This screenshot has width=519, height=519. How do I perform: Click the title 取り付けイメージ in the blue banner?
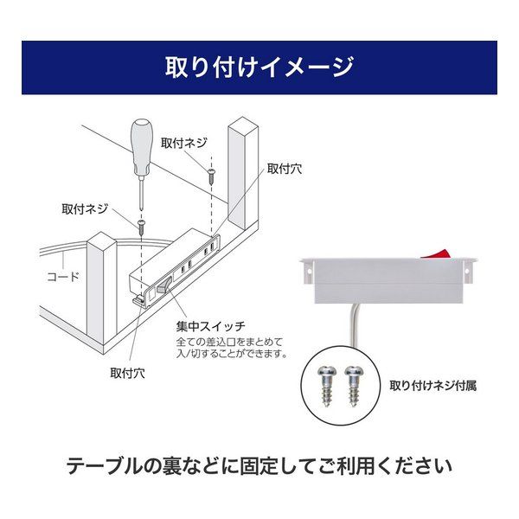(259, 67)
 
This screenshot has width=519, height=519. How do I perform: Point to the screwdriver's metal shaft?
(142, 193)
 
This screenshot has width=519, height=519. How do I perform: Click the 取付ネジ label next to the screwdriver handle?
(184, 143)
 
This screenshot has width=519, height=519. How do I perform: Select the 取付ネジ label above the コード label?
(85, 208)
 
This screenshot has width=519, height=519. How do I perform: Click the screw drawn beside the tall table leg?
(212, 176)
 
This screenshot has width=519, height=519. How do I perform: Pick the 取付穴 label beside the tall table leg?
(285, 169)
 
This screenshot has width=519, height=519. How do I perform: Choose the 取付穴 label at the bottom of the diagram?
(127, 373)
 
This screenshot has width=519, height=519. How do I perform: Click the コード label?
(63, 276)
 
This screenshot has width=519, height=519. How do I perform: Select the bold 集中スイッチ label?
(211, 327)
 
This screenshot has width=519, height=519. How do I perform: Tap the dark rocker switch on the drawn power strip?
(163, 285)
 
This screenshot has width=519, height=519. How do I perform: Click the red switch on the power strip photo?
(435, 253)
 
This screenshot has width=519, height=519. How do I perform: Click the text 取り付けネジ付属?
(433, 386)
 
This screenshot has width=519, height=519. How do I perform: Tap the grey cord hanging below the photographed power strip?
(354, 325)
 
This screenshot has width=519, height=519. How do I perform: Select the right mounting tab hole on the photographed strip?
(467, 271)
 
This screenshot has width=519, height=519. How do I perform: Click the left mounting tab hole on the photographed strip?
(310, 271)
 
